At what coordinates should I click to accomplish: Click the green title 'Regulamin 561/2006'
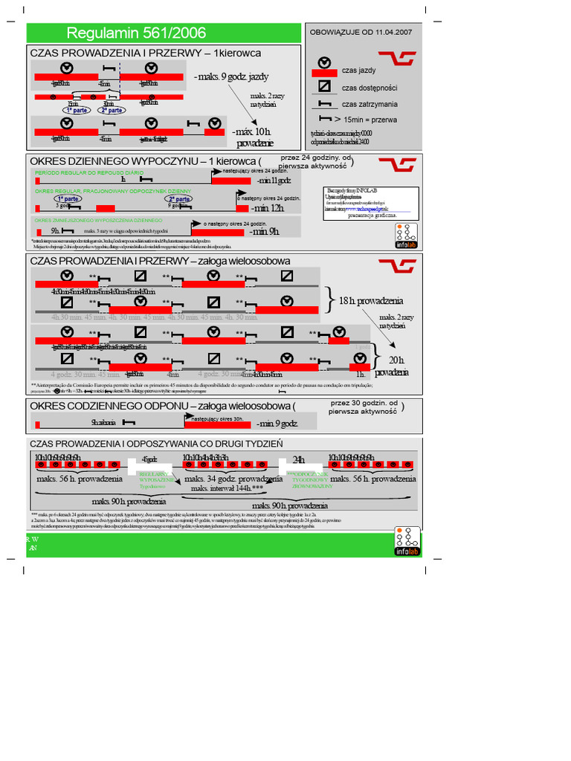click(x=137, y=33)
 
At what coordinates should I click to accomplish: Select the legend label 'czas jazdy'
click(x=358, y=70)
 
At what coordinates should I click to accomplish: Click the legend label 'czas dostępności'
click(x=368, y=87)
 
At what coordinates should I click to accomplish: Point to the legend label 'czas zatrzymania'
click(x=369, y=104)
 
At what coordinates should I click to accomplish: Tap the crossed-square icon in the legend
click(x=324, y=86)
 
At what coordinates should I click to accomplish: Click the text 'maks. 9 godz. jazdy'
click(x=230, y=77)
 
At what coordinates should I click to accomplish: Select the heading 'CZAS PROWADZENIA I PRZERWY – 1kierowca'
click(x=145, y=54)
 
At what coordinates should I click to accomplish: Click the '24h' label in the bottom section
click(x=299, y=459)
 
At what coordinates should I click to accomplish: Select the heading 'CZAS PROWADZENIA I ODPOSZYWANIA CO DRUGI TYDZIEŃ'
click(x=156, y=444)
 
